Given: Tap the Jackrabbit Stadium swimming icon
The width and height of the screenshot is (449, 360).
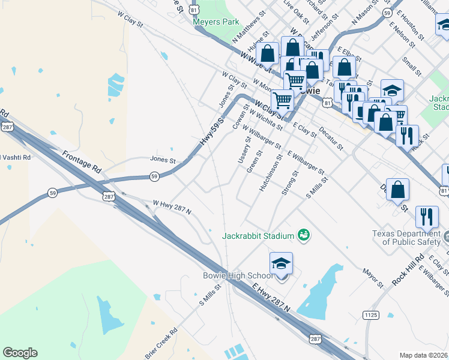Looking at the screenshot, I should [x=304, y=235].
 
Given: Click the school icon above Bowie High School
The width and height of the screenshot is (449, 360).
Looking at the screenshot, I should [x=281, y=263].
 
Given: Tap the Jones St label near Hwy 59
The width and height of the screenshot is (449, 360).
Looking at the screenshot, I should [x=162, y=160].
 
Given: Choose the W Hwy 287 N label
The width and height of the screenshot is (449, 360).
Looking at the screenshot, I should [x=172, y=208].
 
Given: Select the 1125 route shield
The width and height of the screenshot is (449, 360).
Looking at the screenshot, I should [x=370, y=314].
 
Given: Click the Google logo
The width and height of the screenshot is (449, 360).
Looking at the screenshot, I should [x=20, y=353].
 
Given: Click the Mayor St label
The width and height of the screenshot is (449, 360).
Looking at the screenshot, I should [x=373, y=277].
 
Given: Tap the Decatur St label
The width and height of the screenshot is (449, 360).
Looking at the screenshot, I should [x=331, y=138].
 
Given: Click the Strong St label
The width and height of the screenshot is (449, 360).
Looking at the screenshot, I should [x=290, y=184].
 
